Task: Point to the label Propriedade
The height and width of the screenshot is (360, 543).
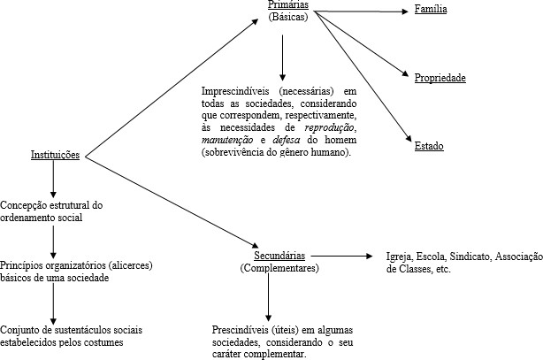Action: coord(440,78)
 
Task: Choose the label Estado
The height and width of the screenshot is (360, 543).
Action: coord(429,145)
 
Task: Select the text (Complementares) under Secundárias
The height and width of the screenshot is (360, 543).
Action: coord(279,267)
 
